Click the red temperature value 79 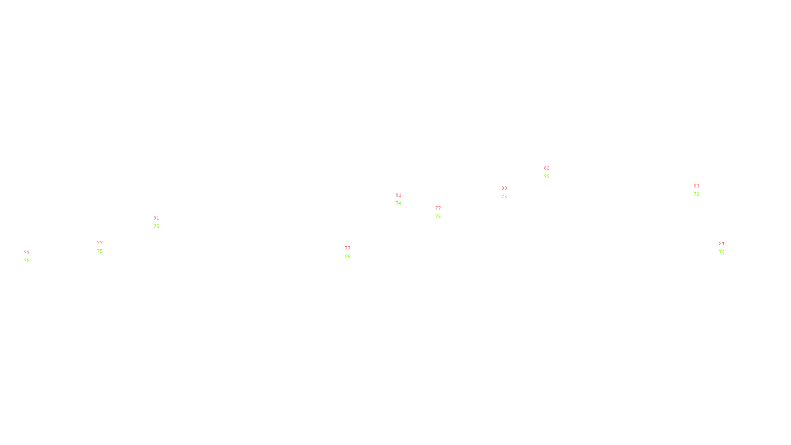tap(27, 253)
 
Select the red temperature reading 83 tap(504, 188)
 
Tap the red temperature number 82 tap(547, 168)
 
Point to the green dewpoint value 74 tap(398, 203)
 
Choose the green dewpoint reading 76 tap(504, 197)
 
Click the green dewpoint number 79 tap(697, 194)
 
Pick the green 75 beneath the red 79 tap(27, 261)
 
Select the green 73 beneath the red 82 tap(547, 177)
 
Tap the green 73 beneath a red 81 tap(722, 252)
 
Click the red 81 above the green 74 tap(398, 195)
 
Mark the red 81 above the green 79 tap(697, 186)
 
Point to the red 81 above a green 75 tap(156, 218)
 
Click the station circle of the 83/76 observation tap(509, 192)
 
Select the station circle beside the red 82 tap(551, 172)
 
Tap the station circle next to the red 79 tap(31, 257)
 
